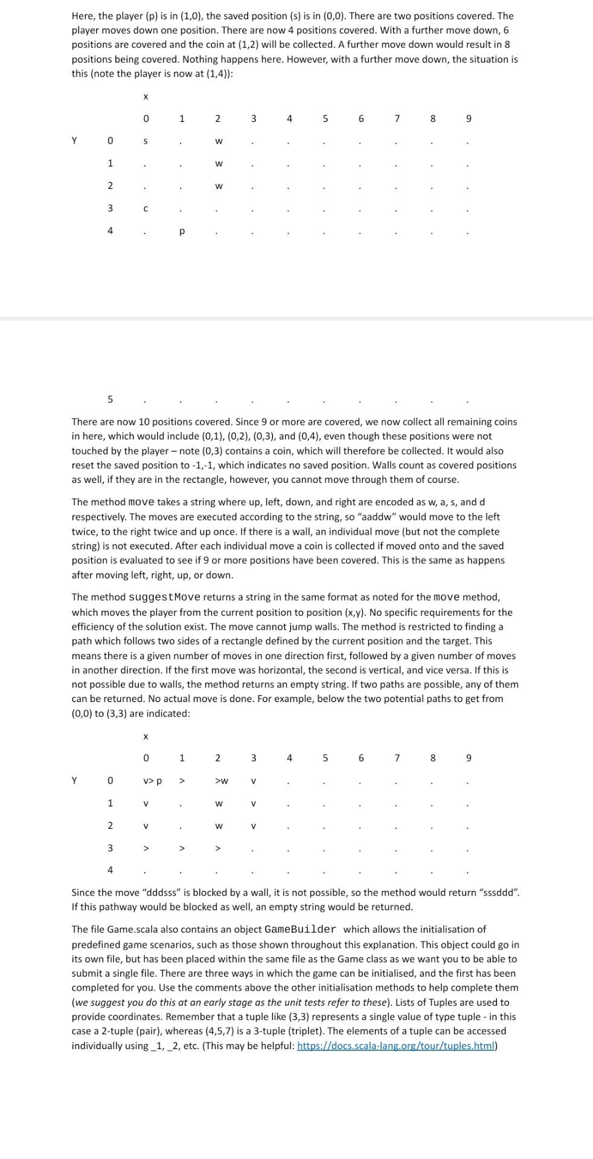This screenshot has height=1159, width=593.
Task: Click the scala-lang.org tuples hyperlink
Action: pos(396,1046)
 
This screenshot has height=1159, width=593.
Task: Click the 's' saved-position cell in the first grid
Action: pos(145,141)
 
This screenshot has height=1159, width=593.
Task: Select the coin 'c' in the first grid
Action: pos(145,209)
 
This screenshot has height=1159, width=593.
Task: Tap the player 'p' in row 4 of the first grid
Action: pos(182,232)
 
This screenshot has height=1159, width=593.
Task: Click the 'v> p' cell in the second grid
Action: pos(152,781)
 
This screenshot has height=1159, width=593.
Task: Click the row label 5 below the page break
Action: pos(110,399)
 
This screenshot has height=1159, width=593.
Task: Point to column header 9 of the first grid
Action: pos(469,119)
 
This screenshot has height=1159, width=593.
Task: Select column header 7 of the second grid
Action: pos(397,758)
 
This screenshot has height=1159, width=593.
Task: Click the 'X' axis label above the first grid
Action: pos(145,97)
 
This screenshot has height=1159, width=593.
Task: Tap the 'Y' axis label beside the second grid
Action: pos(74,781)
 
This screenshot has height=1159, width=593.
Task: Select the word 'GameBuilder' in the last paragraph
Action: pos(300,930)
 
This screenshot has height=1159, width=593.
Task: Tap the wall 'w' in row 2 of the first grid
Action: pos(219,186)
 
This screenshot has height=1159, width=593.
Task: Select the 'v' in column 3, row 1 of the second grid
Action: pos(254,804)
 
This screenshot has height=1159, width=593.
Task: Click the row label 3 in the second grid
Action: pos(110,848)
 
